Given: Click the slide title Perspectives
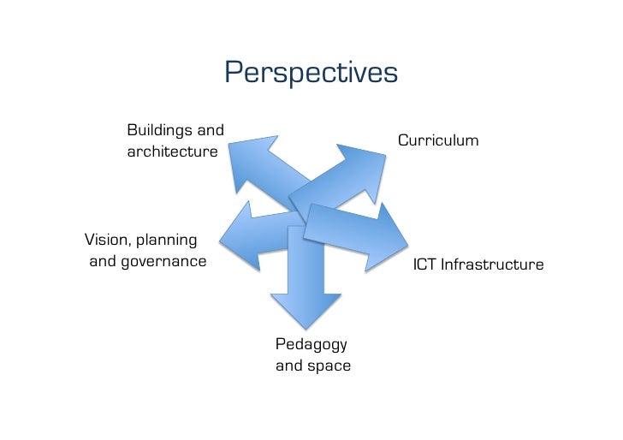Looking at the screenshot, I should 311,74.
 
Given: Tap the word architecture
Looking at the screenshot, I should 172,152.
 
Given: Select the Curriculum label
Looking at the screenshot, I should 437,140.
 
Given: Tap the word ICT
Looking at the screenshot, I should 425,265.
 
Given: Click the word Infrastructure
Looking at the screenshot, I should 491,265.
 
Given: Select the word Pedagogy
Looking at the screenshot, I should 311,344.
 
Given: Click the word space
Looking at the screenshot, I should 329,366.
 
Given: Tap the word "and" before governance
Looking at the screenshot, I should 104,261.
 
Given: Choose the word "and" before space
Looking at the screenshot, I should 288,366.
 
